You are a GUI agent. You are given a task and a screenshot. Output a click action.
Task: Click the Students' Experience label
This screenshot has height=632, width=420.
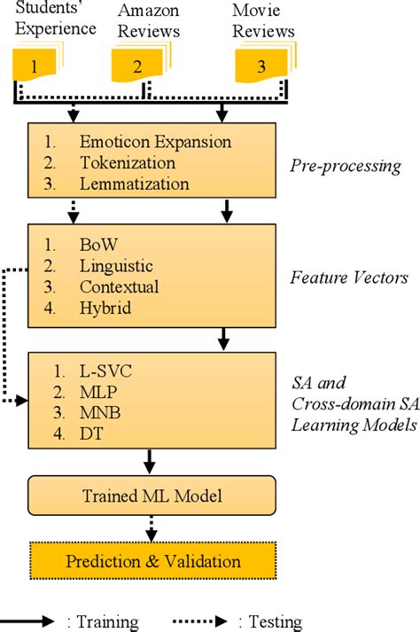click(x=49, y=19)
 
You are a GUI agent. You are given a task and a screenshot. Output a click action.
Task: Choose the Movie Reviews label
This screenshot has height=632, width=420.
click(x=262, y=20)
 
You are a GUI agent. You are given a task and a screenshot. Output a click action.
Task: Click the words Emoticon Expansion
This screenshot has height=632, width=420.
click(x=155, y=142)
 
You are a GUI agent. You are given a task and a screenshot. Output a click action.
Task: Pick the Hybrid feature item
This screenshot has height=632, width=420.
click(x=104, y=308)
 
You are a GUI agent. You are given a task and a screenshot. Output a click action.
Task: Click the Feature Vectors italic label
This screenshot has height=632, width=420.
click(x=349, y=277)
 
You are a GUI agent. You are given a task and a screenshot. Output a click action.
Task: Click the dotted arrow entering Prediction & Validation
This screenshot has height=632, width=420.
click(x=152, y=529)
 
